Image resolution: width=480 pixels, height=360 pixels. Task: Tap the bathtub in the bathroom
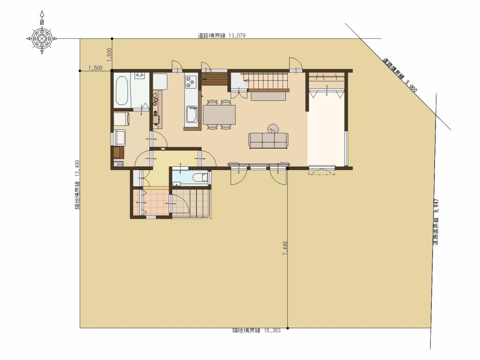[122, 90]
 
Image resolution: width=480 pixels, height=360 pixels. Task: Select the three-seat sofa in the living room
[268, 140]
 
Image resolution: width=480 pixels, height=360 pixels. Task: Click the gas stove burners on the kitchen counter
[191, 82]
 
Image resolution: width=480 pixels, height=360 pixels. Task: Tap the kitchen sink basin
[192, 113]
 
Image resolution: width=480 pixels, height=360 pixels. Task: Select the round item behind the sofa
[273, 127]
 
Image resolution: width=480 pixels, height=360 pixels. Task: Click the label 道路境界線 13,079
[221, 35]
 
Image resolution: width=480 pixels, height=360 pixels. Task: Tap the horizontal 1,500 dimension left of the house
[95, 68]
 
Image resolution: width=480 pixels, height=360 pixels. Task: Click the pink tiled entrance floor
[150, 203]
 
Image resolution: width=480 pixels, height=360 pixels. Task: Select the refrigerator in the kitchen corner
[160, 81]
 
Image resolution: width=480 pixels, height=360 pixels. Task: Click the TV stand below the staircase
[269, 96]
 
